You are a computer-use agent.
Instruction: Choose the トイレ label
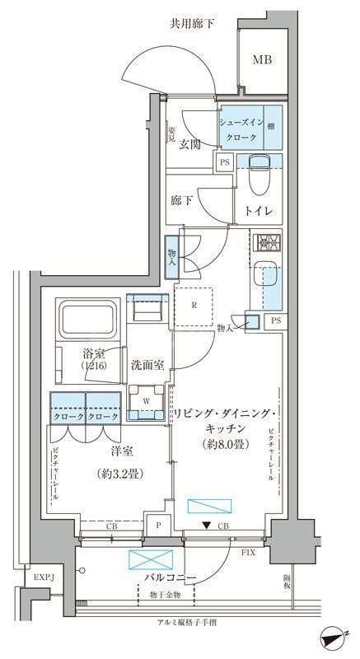259,211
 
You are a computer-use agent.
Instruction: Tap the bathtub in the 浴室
88,317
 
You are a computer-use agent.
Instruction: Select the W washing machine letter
147,402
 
